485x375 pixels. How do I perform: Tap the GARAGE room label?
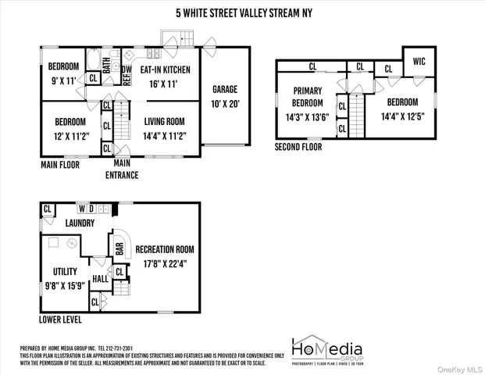(225, 89)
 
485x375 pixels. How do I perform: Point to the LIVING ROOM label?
(164, 121)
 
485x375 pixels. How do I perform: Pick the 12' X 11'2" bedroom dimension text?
(70, 134)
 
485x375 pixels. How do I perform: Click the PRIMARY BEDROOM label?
(307, 97)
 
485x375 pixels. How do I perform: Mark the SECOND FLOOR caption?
(298, 146)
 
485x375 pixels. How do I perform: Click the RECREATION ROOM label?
(165, 249)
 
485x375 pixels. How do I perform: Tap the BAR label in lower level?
(120, 249)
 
